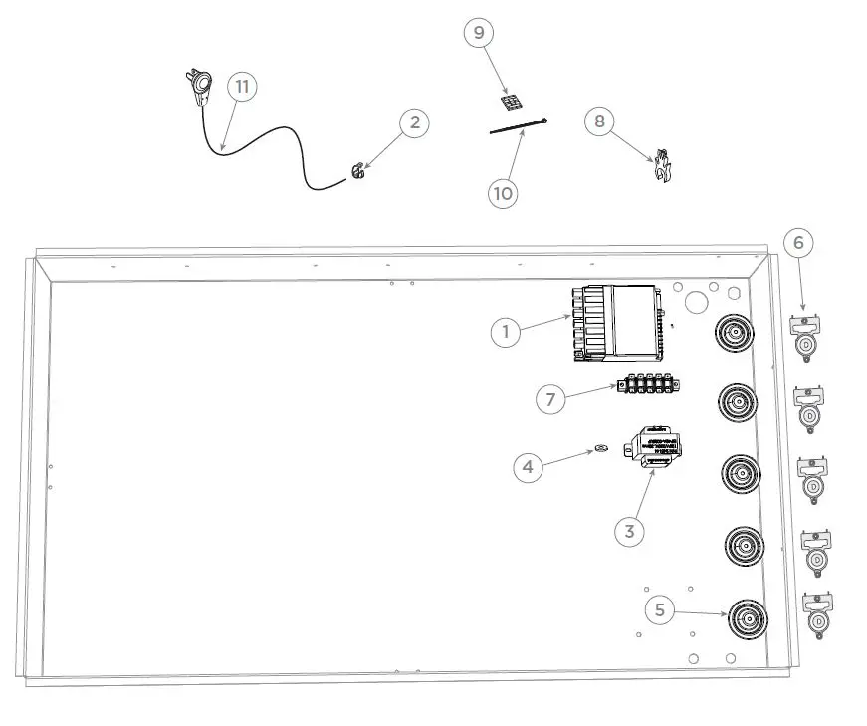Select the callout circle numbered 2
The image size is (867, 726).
click(x=415, y=123)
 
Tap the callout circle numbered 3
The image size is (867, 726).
click(x=629, y=531)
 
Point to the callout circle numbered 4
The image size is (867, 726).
click(x=529, y=465)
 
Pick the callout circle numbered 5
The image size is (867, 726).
click(x=660, y=608)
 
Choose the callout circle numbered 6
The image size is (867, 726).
click(x=798, y=242)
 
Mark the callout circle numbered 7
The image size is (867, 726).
click(x=550, y=399)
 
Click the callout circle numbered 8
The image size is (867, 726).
click(x=599, y=121)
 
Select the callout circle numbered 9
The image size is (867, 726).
click(x=479, y=33)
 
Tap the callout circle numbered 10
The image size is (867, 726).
click(x=504, y=192)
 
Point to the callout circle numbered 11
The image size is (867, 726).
click(x=241, y=86)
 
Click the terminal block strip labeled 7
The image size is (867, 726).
click(x=648, y=384)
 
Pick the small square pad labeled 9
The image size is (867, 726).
click(x=510, y=103)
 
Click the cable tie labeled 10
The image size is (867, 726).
click(x=519, y=124)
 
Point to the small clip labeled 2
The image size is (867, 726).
click(x=356, y=173)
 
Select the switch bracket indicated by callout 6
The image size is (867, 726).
click(x=804, y=334)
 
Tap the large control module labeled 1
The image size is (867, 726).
click(x=617, y=322)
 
